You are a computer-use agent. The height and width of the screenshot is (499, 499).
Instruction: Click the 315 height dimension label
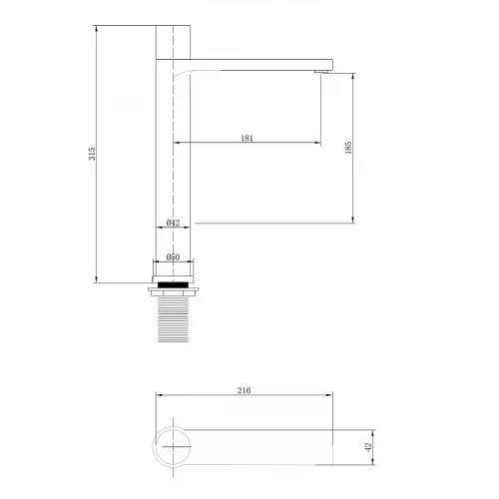(92, 154)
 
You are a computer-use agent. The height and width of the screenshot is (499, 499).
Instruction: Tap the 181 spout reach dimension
(247, 138)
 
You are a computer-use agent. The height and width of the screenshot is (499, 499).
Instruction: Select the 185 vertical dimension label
(348, 148)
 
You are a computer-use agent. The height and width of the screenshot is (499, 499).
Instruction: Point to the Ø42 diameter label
(173, 223)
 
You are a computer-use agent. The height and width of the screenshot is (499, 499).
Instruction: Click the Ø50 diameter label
(173, 256)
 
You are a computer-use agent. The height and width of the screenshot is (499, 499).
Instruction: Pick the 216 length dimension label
(244, 390)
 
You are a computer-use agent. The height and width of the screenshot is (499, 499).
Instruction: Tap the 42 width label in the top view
(368, 447)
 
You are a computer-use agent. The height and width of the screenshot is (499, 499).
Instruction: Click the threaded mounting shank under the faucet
(173, 319)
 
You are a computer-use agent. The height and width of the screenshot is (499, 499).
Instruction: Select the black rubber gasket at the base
(173, 284)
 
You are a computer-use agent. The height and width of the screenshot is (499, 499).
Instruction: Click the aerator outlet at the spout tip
(321, 71)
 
